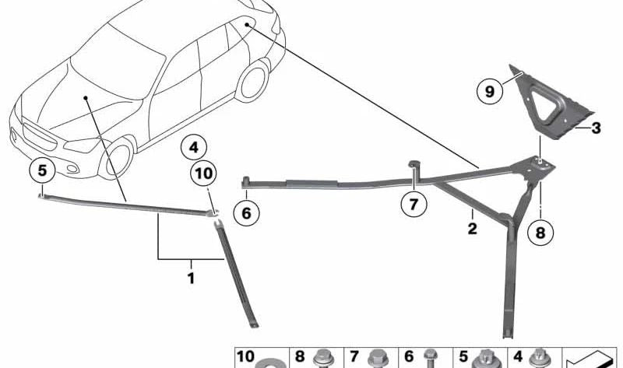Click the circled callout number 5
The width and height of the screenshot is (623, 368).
[x=42, y=170]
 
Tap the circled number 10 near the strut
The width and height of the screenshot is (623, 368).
[x=204, y=174]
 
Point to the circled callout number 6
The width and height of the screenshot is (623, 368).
[x=247, y=211]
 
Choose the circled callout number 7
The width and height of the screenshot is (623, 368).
[x=414, y=205]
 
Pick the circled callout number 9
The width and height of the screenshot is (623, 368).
[x=490, y=93]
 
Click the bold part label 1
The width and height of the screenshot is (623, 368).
[x=191, y=278]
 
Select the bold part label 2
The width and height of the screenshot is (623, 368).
[x=471, y=229]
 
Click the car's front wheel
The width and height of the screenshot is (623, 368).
[x=118, y=158]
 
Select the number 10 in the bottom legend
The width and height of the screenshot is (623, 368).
[x=245, y=356]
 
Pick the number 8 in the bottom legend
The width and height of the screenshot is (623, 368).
[x=299, y=356]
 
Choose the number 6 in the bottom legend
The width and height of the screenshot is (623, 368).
[x=408, y=356]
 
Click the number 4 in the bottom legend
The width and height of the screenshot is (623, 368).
[x=517, y=356]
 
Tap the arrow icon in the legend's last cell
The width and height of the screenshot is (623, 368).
[x=590, y=360]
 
